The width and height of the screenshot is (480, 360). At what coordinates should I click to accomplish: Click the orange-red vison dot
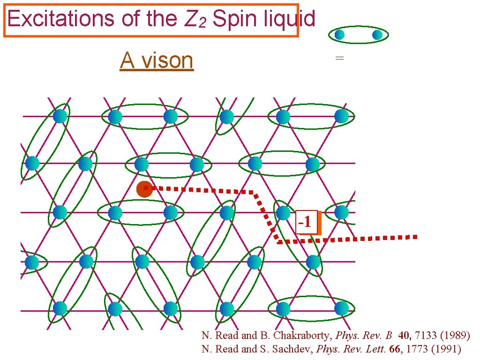pos(144,189)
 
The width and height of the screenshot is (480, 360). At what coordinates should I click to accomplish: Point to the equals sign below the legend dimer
pos(339,59)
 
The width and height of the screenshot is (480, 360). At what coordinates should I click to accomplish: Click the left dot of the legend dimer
pos(339,35)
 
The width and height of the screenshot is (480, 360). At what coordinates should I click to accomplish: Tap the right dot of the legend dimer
pos(377,35)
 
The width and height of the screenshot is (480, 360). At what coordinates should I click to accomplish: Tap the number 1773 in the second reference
pos(417,349)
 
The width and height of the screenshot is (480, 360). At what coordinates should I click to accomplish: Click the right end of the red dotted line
pos(415,237)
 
